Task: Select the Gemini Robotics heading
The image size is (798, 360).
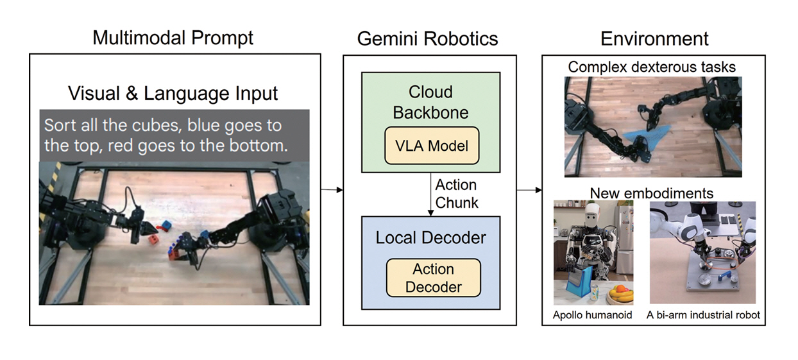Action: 427,39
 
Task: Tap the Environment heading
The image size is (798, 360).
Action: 654,39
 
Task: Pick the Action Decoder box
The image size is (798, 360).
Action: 433,278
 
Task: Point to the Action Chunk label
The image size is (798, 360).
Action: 456,194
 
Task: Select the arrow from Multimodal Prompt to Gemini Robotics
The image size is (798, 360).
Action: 331,190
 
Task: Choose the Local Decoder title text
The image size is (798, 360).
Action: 430,237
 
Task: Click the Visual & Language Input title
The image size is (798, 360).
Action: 173,94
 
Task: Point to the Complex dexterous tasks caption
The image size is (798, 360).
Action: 652,67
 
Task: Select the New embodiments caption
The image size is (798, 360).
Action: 651,193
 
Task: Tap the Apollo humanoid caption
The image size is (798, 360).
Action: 593,315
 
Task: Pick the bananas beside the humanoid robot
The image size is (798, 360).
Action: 620,293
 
